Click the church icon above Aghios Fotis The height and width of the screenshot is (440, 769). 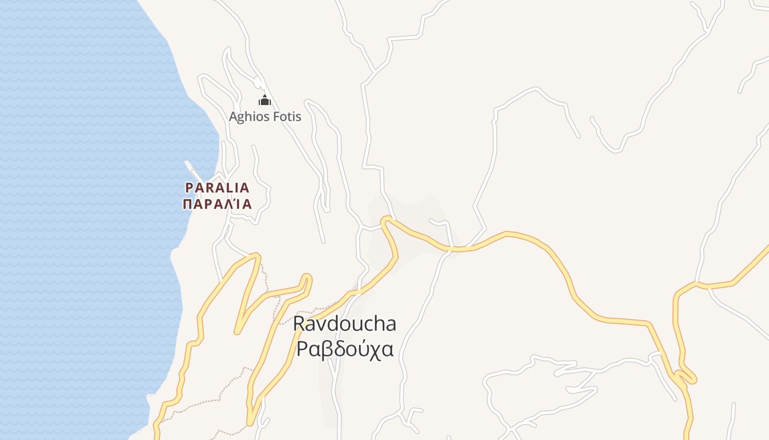(265, 101)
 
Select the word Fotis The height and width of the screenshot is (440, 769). (287, 117)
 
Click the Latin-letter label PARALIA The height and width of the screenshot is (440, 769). (217, 188)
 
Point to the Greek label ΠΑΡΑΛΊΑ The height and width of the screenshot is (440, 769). (217, 204)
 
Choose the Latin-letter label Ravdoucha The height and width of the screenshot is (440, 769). (344, 324)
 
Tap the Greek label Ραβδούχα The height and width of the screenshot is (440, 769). (344, 349)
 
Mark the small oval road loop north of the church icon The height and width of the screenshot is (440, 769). (257, 82)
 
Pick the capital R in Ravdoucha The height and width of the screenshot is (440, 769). (299, 324)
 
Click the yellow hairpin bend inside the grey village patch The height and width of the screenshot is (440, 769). (386, 221)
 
